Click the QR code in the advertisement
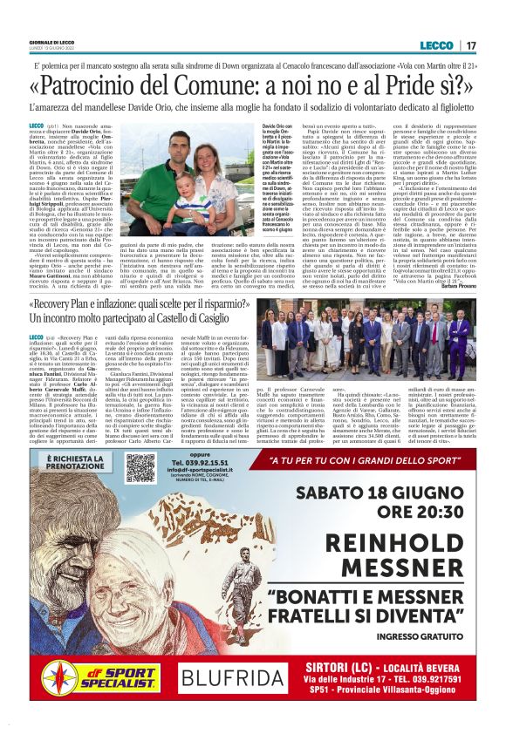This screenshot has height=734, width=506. (140, 468)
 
